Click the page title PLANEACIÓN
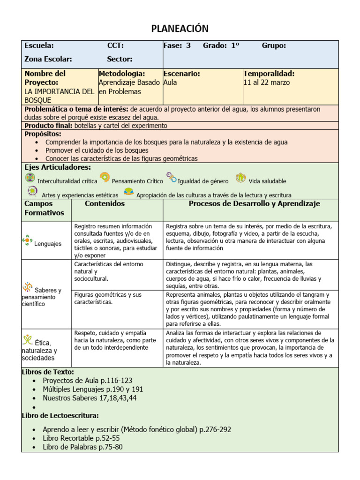click(180, 29)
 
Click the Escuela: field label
click(39, 45)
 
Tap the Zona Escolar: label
click(48, 59)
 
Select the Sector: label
click(120, 59)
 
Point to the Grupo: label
click(274, 45)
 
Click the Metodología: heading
click(122, 74)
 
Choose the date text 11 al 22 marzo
click(267, 82)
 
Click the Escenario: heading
click(182, 74)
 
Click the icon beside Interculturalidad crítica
click(30, 178)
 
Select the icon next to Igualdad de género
click(172, 178)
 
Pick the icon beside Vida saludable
click(240, 178)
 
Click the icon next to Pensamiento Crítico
click(105, 178)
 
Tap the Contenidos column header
click(105, 204)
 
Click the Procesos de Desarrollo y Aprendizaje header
click(254, 204)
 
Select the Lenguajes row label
click(48, 244)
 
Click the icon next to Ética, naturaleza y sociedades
click(28, 340)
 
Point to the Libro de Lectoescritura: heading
click(60, 415)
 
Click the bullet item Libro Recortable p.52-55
click(81, 438)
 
